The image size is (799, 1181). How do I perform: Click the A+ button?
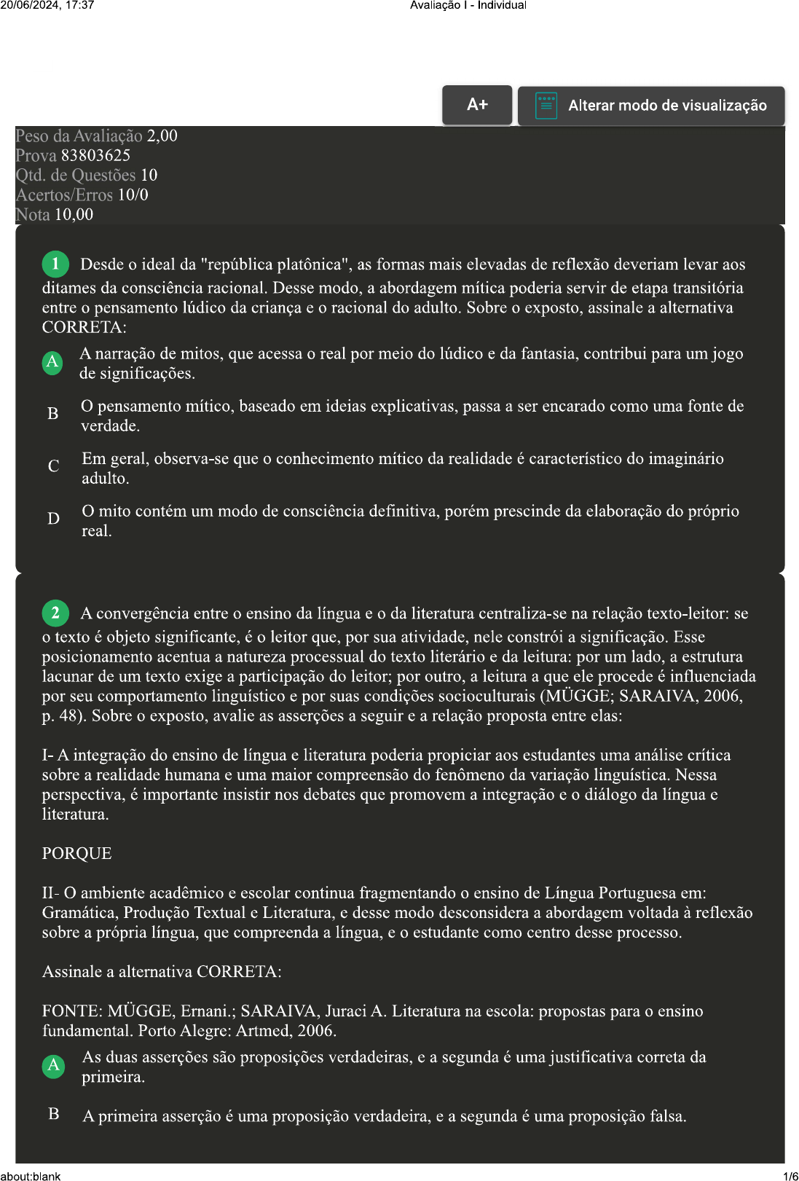(x=477, y=105)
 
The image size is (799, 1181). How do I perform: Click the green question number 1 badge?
(x=55, y=264)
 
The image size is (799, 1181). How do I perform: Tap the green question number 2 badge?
(x=55, y=613)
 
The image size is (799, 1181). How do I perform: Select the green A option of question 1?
(x=52, y=362)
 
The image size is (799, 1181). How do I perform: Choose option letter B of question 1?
(x=53, y=414)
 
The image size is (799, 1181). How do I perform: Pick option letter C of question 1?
(x=53, y=466)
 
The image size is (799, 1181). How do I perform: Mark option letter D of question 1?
(x=53, y=519)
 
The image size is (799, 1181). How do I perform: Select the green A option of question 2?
(x=53, y=1066)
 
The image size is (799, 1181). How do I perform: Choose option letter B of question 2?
(x=54, y=1114)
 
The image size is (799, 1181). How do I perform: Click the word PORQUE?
(x=76, y=853)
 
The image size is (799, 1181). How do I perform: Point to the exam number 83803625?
(x=95, y=155)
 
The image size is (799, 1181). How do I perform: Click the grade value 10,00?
(x=74, y=214)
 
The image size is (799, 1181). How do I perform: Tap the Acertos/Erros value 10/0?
(x=133, y=195)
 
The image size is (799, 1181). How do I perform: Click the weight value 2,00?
(x=162, y=136)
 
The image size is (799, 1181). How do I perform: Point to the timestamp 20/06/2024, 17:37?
(x=47, y=5)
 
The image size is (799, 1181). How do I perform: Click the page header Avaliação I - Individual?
(x=468, y=5)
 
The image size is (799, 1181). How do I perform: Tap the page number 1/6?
(x=790, y=1176)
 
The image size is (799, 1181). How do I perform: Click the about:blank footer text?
(x=31, y=1176)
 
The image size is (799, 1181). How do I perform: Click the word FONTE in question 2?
(x=71, y=1011)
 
